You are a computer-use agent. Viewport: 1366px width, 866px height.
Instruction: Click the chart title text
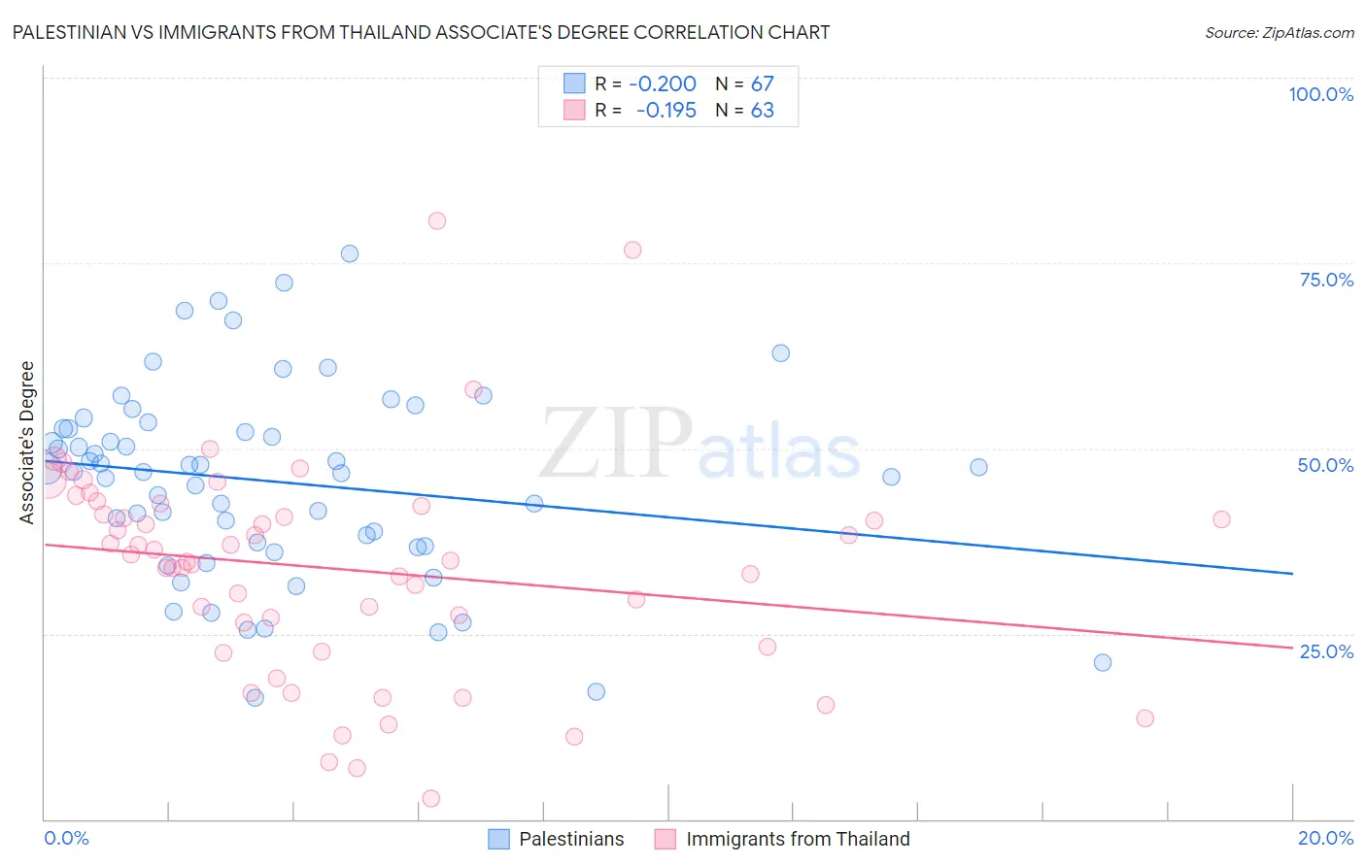[x=421, y=32]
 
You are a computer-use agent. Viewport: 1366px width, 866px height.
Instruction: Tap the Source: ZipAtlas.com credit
[x=1279, y=32]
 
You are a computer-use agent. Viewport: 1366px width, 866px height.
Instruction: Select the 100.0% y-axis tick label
[x=1320, y=94]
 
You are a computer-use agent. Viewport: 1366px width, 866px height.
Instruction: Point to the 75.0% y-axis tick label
[x=1326, y=280]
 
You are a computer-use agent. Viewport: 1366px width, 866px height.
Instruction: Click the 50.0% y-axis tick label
[x=1325, y=465]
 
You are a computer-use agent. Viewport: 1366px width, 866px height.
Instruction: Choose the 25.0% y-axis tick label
[x=1326, y=650]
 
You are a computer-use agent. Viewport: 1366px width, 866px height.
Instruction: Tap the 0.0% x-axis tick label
[x=66, y=838]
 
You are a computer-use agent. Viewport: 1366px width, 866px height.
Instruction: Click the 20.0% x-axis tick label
[x=1325, y=838]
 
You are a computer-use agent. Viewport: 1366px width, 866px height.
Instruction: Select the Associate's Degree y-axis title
[x=27, y=443]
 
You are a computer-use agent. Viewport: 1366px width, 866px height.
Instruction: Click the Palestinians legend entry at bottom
[x=557, y=839]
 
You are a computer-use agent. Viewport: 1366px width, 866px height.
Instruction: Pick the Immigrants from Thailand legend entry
[x=783, y=839]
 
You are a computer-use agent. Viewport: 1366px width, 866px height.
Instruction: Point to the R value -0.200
[x=663, y=84]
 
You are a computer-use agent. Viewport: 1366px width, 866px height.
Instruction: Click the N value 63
[x=762, y=111]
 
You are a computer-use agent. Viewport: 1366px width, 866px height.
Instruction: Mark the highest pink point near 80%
[x=437, y=220]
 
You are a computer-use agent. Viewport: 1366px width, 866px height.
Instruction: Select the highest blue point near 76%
[x=350, y=253]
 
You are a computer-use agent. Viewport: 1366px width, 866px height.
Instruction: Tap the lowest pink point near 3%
[x=431, y=798]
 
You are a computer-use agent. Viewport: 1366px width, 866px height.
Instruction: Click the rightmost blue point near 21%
[x=1103, y=662]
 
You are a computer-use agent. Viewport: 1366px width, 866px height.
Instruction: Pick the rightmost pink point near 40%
[x=1221, y=519]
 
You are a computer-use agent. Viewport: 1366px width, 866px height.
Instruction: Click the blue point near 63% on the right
[x=781, y=353]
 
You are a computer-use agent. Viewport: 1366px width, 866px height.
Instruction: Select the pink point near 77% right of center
[x=632, y=250]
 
